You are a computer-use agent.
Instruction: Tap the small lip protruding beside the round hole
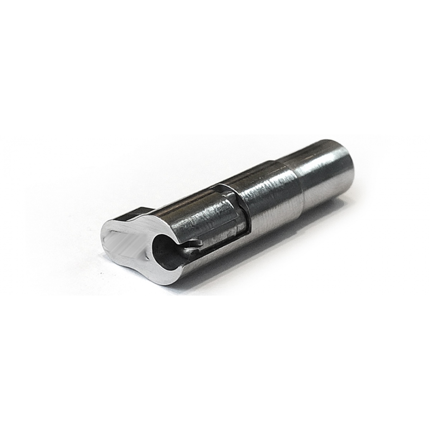click(x=195, y=244)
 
